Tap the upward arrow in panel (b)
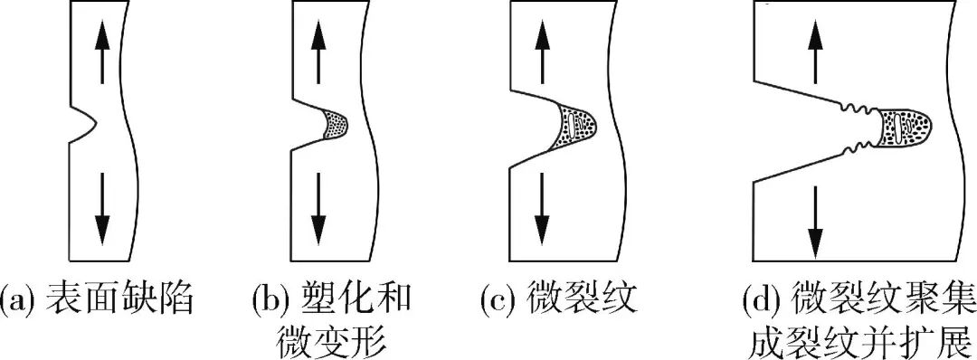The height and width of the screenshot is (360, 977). point(319,53)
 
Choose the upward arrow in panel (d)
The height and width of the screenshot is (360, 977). point(816,53)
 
